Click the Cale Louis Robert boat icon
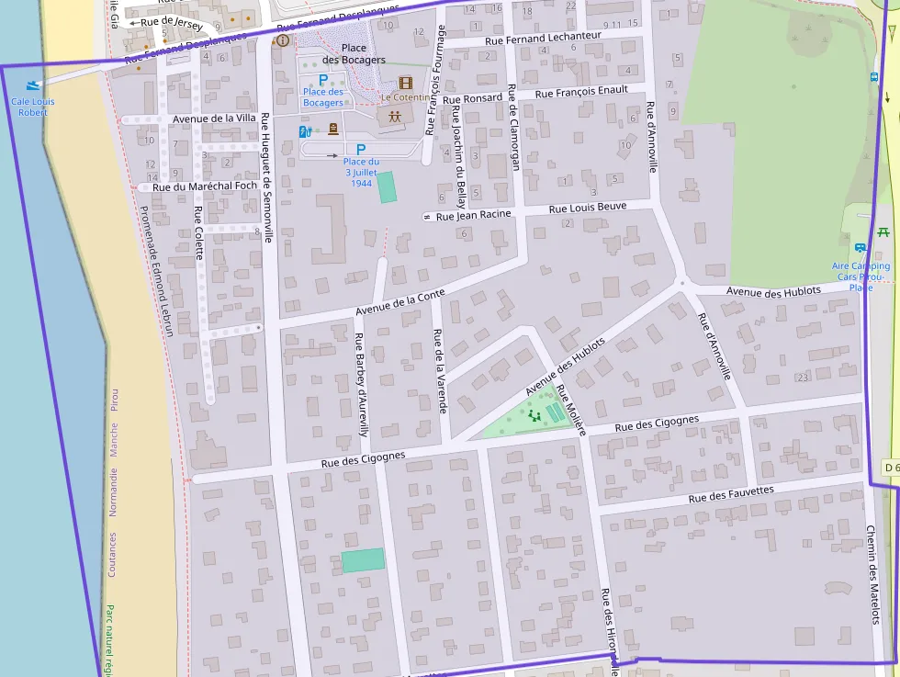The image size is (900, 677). pyautogui.click(x=34, y=85)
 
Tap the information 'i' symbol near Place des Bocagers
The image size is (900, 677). pyautogui.click(x=282, y=40)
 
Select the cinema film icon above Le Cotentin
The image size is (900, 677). pyautogui.click(x=405, y=82)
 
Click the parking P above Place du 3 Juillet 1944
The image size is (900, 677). pyautogui.click(x=361, y=149)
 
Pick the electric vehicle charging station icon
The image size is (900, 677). pyautogui.click(x=305, y=131)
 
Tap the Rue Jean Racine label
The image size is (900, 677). pyautogui.click(x=473, y=216)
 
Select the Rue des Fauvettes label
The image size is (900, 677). pyautogui.click(x=731, y=494)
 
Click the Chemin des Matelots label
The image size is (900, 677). pyautogui.click(x=872, y=575)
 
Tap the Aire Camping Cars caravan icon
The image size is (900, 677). pyautogui.click(x=861, y=248)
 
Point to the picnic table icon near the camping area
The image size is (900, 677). pyautogui.click(x=883, y=231)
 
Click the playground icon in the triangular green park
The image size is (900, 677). pyautogui.click(x=534, y=416)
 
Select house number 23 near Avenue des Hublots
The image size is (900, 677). pyautogui.click(x=803, y=378)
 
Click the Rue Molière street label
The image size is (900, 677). pyautogui.click(x=569, y=412)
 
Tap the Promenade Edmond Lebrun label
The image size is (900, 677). pyautogui.click(x=156, y=270)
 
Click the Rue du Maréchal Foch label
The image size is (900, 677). pyautogui.click(x=205, y=186)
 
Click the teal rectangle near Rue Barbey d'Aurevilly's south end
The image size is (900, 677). pyautogui.click(x=363, y=559)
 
